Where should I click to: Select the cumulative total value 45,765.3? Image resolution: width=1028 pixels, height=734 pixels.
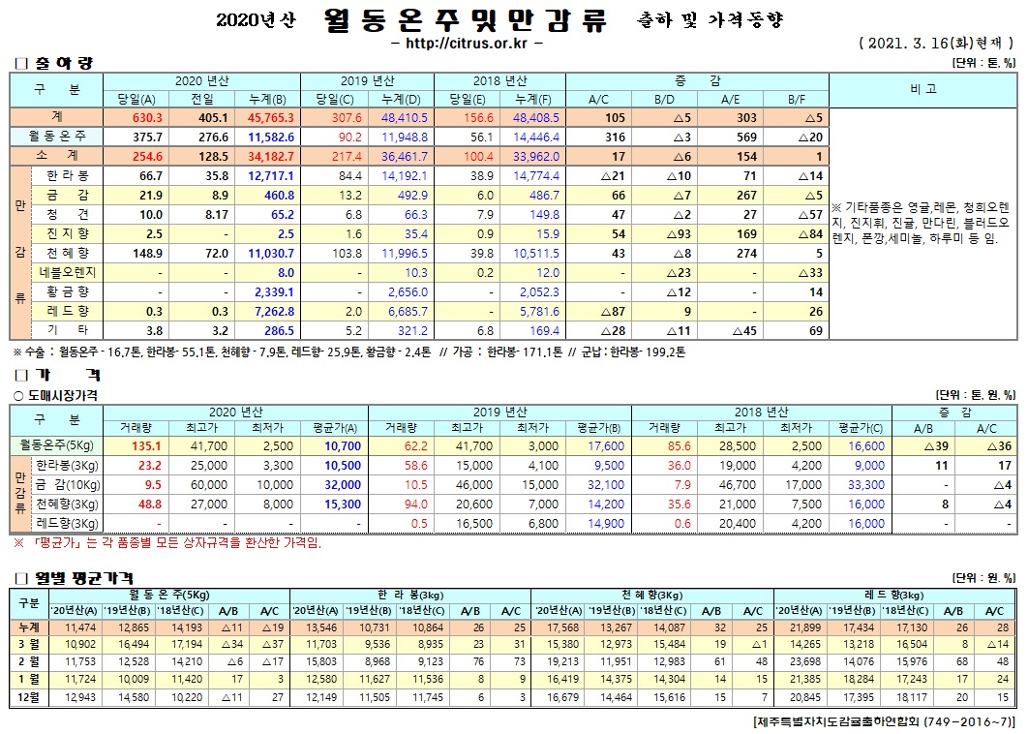point(271,117)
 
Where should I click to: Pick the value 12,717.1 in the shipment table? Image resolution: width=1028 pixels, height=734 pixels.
point(271,175)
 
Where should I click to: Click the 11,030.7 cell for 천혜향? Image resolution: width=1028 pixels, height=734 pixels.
point(271,253)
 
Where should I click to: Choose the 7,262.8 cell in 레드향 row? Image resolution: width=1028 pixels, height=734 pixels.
point(271,311)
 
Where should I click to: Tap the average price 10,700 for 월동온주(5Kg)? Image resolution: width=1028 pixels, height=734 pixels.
point(343,446)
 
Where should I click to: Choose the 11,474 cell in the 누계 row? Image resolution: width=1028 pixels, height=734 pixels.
point(78,628)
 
